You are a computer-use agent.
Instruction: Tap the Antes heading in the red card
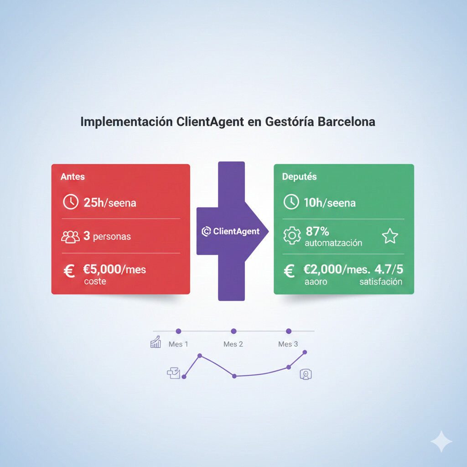(73, 176)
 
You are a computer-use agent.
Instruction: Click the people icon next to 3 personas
(70, 237)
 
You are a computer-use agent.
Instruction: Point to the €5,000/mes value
(114, 269)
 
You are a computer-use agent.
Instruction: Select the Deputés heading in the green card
(299, 176)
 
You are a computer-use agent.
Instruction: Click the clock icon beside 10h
(291, 202)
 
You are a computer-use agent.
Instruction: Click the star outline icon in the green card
(389, 236)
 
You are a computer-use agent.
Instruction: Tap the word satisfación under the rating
(380, 281)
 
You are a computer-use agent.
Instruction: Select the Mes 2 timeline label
(233, 344)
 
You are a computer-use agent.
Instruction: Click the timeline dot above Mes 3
(288, 331)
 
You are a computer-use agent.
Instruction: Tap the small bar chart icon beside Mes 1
(156, 342)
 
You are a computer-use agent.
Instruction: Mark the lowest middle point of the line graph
(234, 376)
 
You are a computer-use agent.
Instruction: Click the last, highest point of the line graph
(305, 352)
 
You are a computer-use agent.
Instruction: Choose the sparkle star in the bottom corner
(441, 441)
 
